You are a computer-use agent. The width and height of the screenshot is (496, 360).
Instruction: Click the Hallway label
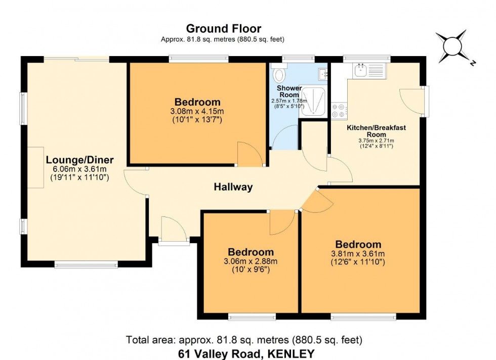(x=233, y=187)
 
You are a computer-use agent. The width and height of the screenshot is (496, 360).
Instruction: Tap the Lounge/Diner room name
(x=79, y=160)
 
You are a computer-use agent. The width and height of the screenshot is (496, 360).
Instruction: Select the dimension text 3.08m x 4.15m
(x=197, y=111)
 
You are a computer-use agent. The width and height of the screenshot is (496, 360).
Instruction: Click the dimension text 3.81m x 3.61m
(x=358, y=254)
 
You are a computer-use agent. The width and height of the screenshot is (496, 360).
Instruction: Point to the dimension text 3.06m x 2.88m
(x=251, y=261)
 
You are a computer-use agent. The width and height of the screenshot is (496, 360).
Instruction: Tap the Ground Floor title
(x=224, y=28)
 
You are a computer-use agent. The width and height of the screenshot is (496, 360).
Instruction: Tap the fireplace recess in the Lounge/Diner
(x=35, y=167)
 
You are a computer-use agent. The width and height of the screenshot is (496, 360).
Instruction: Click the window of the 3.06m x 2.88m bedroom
(x=252, y=317)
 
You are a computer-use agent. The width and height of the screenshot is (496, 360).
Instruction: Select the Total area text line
(x=243, y=340)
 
